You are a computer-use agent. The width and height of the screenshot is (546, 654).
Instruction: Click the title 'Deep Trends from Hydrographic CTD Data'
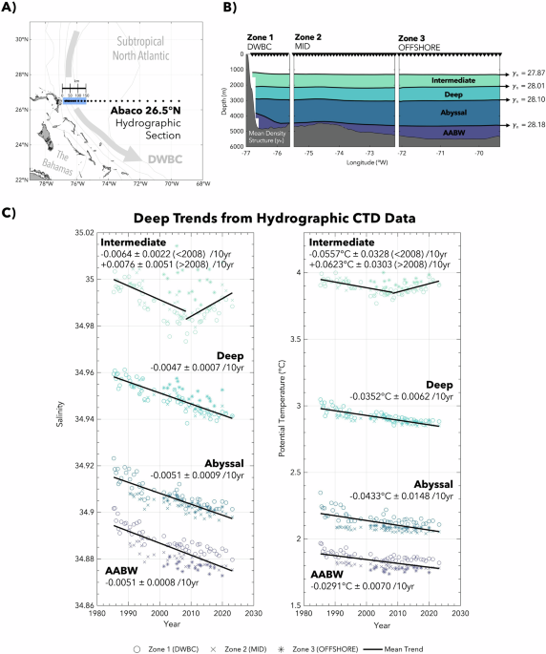click(x=272, y=218)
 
